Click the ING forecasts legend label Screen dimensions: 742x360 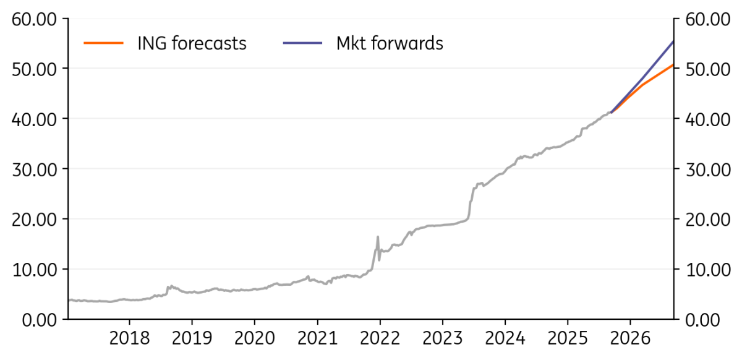coord(192,43)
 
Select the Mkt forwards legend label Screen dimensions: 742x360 coord(390,43)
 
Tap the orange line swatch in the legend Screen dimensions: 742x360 coord(103,43)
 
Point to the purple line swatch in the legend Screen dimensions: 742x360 coord(302,43)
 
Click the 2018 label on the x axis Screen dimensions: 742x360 coord(129,339)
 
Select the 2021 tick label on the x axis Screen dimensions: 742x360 coord(317,339)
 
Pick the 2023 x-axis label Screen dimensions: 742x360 coord(443,339)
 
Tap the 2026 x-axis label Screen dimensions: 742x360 coord(630,339)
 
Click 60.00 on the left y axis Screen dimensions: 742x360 coord(34,20)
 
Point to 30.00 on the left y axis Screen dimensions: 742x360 coord(34,170)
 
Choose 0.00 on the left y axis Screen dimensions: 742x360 coord(40,320)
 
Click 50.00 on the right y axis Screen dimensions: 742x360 coord(707,70)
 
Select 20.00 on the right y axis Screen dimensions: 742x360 coord(707,220)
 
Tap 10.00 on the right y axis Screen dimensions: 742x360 coord(707,270)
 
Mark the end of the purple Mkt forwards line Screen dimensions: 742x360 coord(673,41)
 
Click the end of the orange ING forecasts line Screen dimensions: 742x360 coord(673,64)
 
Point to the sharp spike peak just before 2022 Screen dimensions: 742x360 coord(378,237)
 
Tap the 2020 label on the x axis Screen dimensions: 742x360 coord(255,339)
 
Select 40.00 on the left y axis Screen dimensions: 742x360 coord(34,119)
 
